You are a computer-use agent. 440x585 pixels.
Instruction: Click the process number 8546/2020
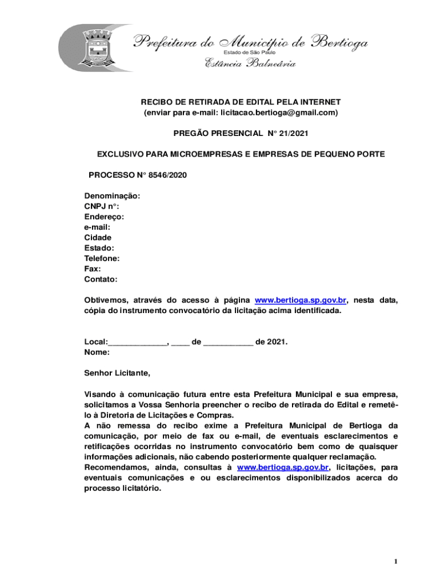(166, 175)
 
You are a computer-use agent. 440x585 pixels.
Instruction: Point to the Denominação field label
(112, 196)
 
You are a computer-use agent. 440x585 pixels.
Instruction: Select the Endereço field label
(104, 217)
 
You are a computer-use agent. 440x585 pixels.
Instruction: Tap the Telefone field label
(102, 258)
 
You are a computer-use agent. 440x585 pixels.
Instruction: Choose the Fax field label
(93, 269)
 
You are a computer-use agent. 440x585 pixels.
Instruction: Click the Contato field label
(101, 279)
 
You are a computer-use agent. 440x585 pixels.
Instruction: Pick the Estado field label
(99, 248)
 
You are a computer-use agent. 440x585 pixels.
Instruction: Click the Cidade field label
(98, 238)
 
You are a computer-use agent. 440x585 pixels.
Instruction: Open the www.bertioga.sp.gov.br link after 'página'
(301, 300)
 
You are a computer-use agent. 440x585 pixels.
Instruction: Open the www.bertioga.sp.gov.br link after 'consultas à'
(283, 468)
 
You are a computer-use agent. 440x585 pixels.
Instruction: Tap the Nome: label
(97, 352)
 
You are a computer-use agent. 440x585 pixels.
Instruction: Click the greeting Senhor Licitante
(117, 374)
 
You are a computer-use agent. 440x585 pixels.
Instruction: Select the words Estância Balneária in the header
(250, 64)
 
